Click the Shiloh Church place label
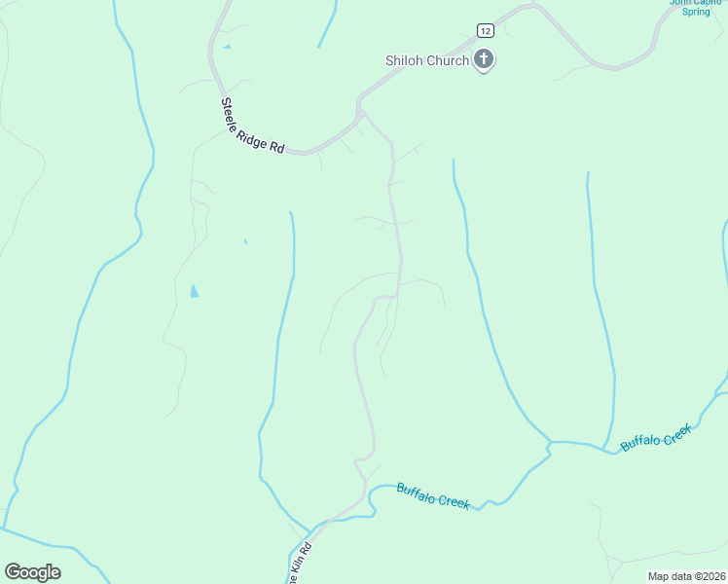427,60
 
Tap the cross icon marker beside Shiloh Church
484,60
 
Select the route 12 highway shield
485,30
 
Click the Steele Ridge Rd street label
252,126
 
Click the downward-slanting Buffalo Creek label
433,495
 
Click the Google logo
32,572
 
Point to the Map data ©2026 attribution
686,576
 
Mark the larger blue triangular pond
195,291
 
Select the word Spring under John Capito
696,12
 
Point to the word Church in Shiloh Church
449,60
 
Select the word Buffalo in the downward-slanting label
416,491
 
